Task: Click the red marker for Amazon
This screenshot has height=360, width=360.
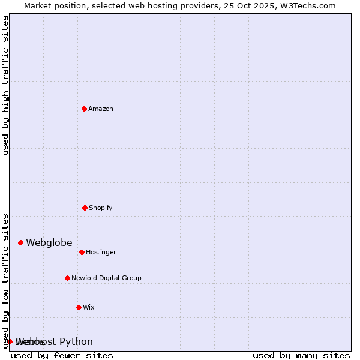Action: pyautogui.click(x=85, y=109)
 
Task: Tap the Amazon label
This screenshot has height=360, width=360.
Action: pyautogui.click(x=101, y=109)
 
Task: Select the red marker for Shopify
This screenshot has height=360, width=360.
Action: pyautogui.click(x=85, y=208)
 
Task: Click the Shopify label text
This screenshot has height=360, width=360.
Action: pyautogui.click(x=101, y=208)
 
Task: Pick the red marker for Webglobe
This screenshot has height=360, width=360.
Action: pyautogui.click(x=20, y=242)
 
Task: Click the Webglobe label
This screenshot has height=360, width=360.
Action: pyautogui.click(x=49, y=242)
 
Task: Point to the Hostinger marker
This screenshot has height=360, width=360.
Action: pyautogui.click(x=82, y=252)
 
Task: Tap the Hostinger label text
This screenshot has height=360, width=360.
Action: pyautogui.click(x=101, y=252)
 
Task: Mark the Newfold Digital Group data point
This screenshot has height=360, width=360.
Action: pyautogui.click(x=67, y=278)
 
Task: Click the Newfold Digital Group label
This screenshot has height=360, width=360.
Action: pyautogui.click(x=106, y=278)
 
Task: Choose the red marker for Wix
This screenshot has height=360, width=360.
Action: pyautogui.click(x=79, y=307)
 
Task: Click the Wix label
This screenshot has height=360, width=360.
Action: pyautogui.click(x=89, y=307)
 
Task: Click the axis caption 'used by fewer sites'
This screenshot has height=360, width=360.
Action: pyautogui.click(x=62, y=355)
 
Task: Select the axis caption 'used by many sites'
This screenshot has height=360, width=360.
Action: pyautogui.click(x=301, y=355)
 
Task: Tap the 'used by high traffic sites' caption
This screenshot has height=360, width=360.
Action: pyautogui.click(x=5, y=85)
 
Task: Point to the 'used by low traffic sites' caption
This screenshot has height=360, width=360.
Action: pyautogui.click(x=5, y=280)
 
